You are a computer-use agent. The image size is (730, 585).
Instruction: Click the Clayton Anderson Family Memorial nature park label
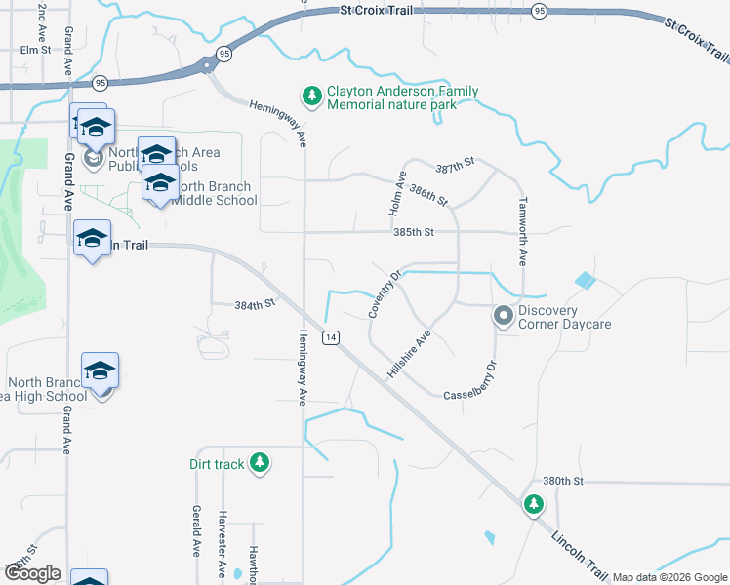(402, 97)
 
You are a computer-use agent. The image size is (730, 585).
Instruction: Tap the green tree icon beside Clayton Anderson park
(311, 95)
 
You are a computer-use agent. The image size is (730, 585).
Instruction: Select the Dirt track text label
(217, 464)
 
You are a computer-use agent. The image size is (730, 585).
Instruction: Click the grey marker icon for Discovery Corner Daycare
(503, 316)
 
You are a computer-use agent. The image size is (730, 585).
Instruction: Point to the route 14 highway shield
(333, 336)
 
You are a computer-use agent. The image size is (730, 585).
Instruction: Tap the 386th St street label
(429, 195)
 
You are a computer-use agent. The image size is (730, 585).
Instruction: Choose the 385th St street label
(413, 233)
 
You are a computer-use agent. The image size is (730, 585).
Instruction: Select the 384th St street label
(256, 304)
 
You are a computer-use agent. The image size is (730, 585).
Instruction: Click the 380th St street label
(563, 482)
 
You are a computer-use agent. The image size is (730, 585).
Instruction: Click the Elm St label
(34, 50)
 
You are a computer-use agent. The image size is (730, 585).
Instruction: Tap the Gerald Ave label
(196, 530)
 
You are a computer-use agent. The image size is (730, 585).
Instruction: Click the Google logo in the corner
(32, 573)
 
